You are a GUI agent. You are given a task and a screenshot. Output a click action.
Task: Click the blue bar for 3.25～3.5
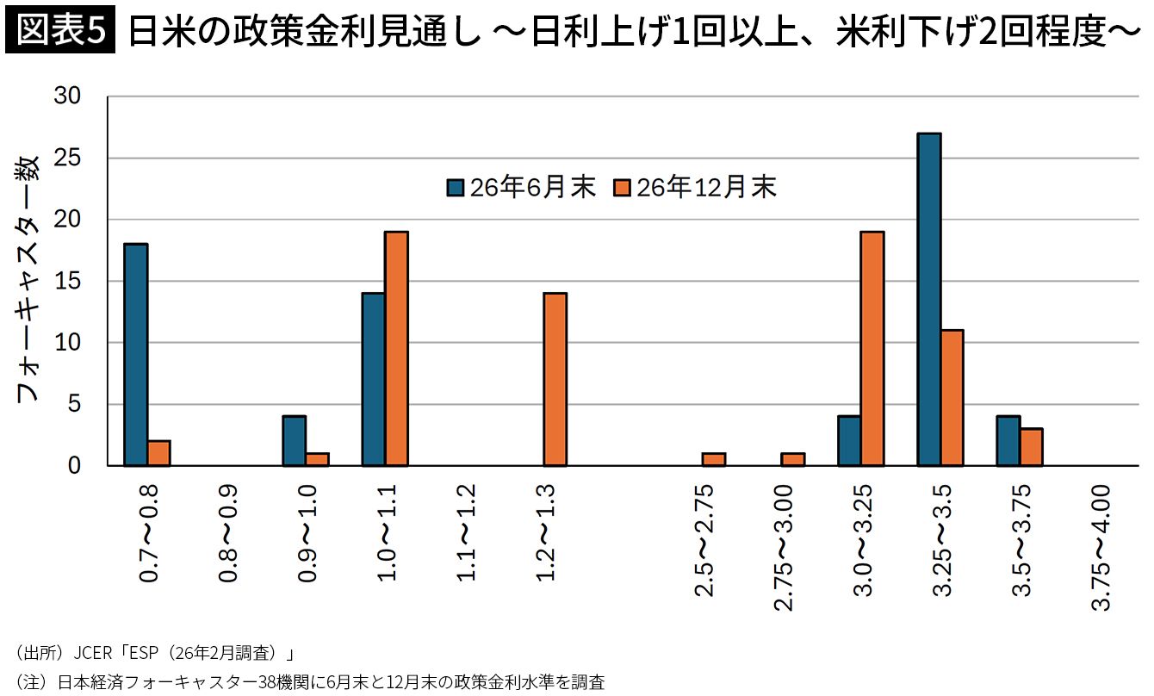(928, 300)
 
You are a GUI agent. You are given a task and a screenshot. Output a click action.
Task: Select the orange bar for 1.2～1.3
(555, 379)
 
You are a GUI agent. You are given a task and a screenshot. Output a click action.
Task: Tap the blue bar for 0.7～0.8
(135, 355)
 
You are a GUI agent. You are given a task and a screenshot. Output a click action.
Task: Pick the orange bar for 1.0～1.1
(396, 349)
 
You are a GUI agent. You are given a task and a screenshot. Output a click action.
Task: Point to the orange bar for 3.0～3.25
(872, 349)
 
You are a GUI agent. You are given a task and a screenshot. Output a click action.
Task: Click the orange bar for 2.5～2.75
(713, 459)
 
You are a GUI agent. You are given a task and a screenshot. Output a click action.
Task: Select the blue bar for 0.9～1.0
(294, 441)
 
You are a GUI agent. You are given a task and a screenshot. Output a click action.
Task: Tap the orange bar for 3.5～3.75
(1031, 447)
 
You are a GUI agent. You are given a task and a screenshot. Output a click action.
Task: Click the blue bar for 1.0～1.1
(373, 379)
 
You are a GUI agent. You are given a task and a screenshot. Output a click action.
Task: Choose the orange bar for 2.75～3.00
(792, 459)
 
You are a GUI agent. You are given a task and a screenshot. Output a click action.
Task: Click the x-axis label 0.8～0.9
(228, 534)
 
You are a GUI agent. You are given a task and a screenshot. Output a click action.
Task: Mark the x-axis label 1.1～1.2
(466, 534)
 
